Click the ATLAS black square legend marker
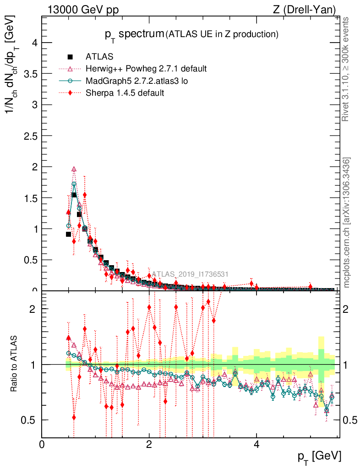[x=70, y=57]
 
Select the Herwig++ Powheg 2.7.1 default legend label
[x=146, y=69]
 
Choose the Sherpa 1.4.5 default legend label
[x=125, y=93]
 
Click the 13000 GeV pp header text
[x=83, y=10]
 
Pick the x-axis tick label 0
[x=42, y=444]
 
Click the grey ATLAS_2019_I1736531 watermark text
[x=190, y=274]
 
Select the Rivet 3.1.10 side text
[x=347, y=69]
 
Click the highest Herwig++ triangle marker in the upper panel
[x=74, y=169]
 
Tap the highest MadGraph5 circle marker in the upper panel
[x=74, y=184]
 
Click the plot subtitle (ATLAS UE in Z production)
[x=222, y=34]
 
